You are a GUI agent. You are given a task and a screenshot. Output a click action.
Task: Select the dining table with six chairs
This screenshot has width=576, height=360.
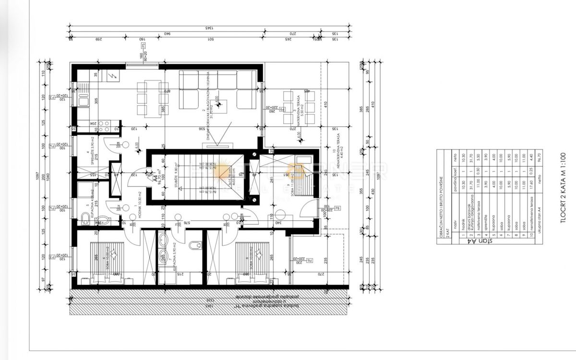(153, 99)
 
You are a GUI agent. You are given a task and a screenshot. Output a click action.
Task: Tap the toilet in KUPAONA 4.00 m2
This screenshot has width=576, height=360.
(102, 221)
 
